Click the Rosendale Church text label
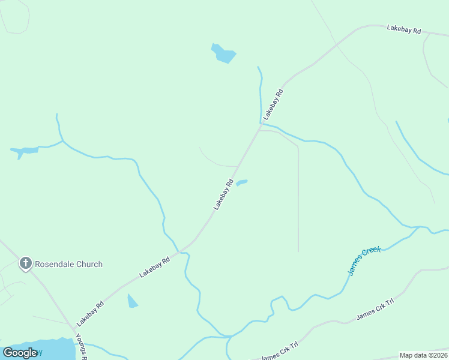click(x=68, y=264)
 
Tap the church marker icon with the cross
click(x=25, y=263)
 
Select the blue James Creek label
click(x=364, y=260)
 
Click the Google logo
click(x=20, y=353)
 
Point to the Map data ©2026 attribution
click(x=423, y=355)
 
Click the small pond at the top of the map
click(x=223, y=53)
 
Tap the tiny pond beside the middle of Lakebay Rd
click(x=241, y=182)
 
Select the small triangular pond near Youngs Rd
click(x=132, y=301)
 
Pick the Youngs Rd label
click(x=81, y=348)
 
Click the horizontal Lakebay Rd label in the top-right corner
click(x=404, y=29)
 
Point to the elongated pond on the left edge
click(x=25, y=151)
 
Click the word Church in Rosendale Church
click(x=88, y=264)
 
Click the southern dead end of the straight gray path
click(x=298, y=251)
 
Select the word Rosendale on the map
click(x=53, y=264)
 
